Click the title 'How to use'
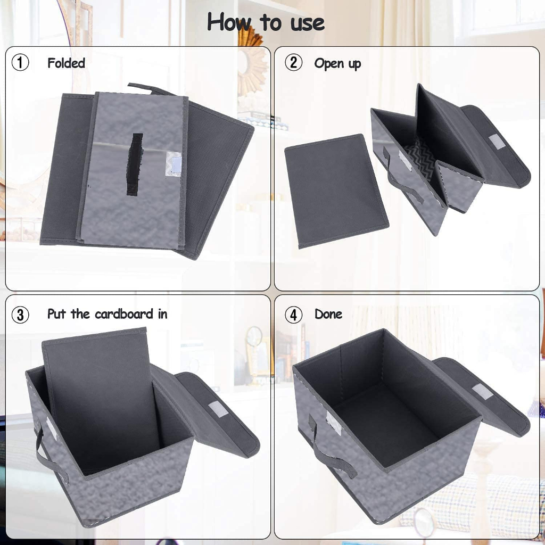click(266, 22)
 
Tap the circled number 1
click(20, 63)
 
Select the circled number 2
click(293, 63)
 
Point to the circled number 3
click(20, 315)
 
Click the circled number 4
click(293, 315)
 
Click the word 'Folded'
click(66, 63)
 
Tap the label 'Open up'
click(337, 64)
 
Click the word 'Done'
click(328, 314)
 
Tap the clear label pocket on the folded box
click(173, 164)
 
